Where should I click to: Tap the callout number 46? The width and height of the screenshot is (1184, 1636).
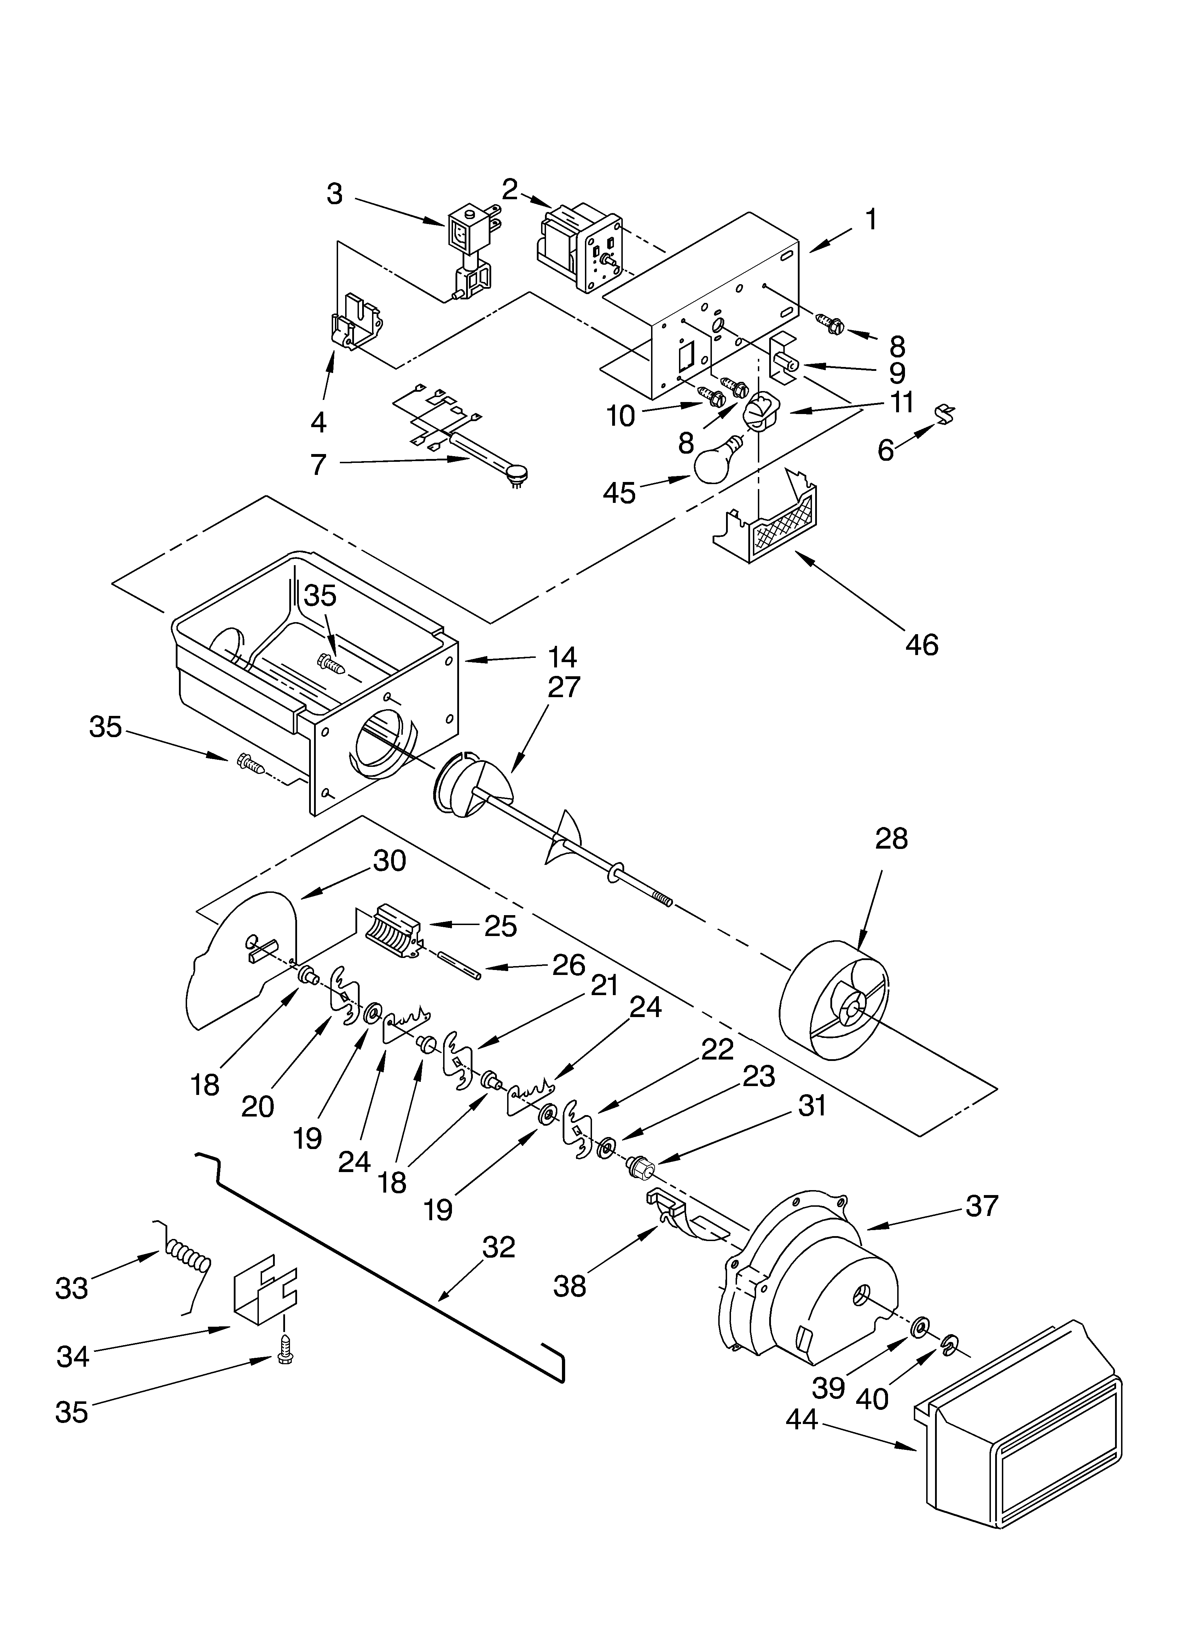pos(922,644)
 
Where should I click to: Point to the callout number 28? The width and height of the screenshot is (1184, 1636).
pos(891,839)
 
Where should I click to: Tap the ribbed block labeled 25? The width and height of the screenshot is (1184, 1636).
pos(393,930)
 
